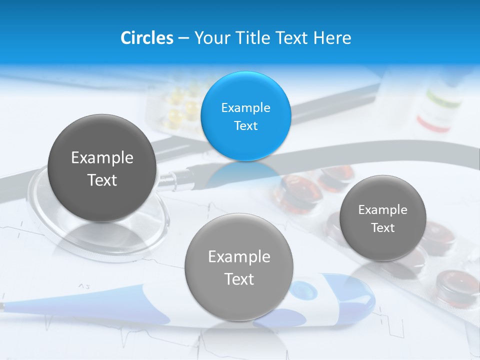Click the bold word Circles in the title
pos(147,37)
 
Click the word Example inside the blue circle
pos(245,107)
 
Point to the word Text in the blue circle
pos(245,125)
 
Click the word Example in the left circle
pos(102,157)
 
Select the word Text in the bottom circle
pos(239,279)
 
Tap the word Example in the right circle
pos(382,209)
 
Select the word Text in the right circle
pos(382,227)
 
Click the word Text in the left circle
pos(102,180)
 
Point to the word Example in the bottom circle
pos(239,256)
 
